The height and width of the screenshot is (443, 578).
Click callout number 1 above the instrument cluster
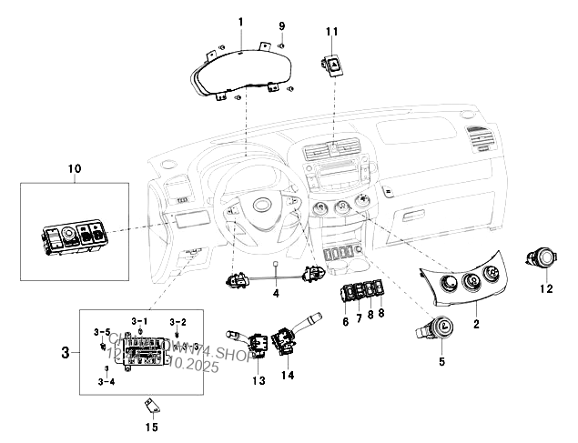pos(240,21)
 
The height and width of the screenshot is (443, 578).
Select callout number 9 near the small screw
pos(281,25)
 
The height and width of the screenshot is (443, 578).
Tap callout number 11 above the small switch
pos(331,32)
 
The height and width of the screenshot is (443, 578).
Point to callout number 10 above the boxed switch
pos(75,168)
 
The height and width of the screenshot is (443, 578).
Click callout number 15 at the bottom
pos(152,427)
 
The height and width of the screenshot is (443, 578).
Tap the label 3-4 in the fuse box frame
pos(106,383)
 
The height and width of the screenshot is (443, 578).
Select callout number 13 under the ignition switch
pos(259,380)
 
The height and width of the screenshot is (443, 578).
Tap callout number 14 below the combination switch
pos(289,376)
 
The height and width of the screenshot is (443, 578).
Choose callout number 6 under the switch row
pos(346,320)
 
